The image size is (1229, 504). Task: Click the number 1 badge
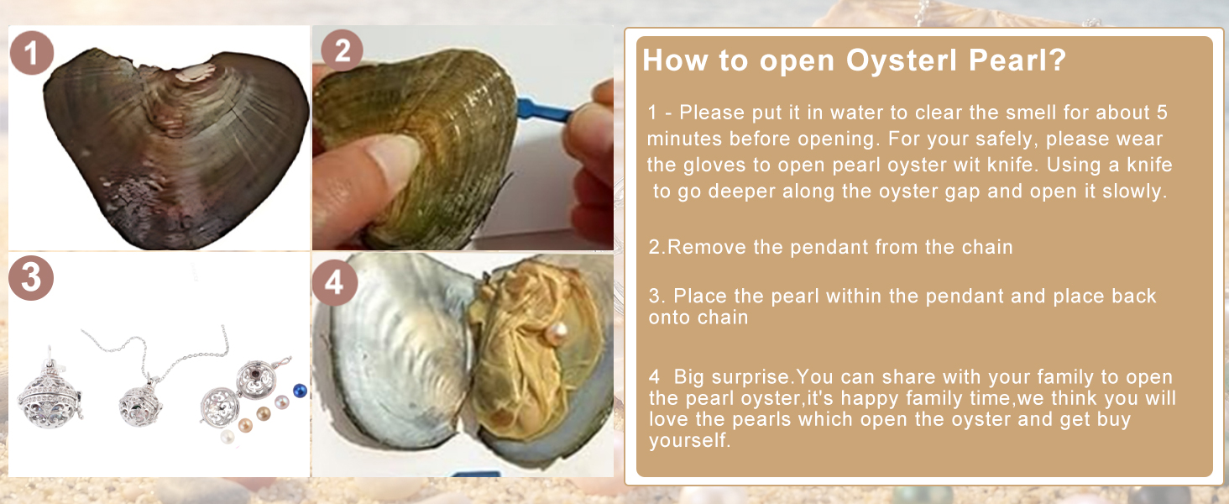click(x=31, y=53)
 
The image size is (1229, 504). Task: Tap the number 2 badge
click(x=342, y=50)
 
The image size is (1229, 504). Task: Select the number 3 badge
click(x=31, y=278)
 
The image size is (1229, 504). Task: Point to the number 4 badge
click(x=335, y=283)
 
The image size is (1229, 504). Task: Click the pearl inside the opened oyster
click(x=557, y=333)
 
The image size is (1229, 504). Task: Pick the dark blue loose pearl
click(x=300, y=391)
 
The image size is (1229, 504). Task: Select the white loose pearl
click(x=227, y=437)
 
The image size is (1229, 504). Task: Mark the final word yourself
click(x=688, y=440)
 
